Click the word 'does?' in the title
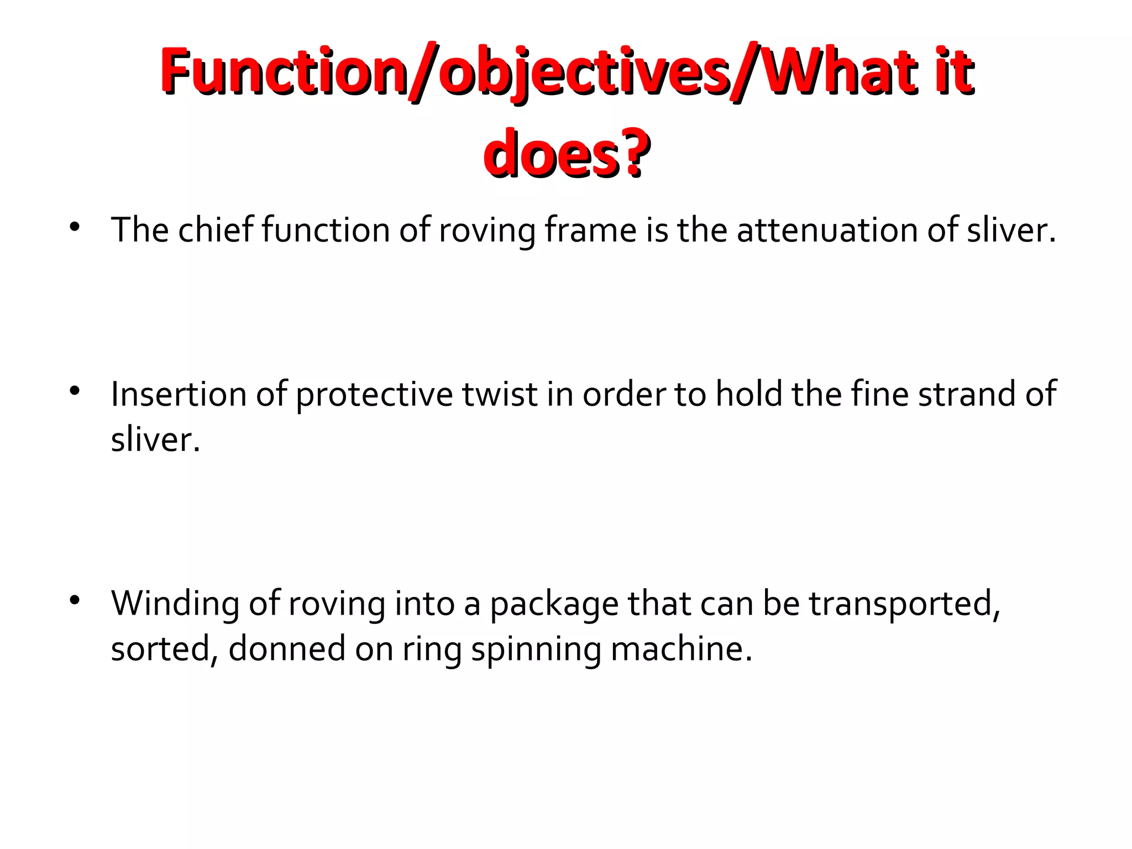[x=566, y=153]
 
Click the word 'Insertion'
[x=179, y=394]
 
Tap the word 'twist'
[x=500, y=394]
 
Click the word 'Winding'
[x=175, y=603]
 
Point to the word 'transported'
[x=904, y=603]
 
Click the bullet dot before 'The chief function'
[x=75, y=226]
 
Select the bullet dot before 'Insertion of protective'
[x=75, y=391]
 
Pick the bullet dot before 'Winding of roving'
[x=75, y=600]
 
